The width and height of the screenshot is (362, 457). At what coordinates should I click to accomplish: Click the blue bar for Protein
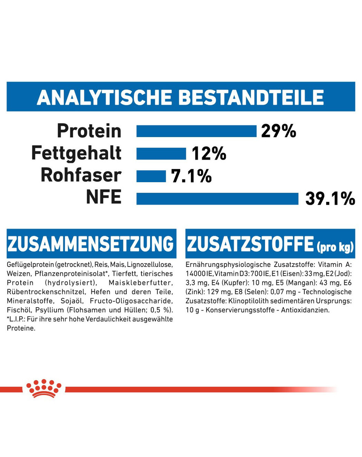pyautogui.click(x=196, y=131)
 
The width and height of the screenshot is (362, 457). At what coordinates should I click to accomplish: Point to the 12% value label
pyautogui.click(x=209, y=154)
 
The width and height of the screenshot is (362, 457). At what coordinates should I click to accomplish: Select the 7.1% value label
pyautogui.click(x=191, y=176)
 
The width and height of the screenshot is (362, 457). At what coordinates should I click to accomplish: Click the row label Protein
pyautogui.click(x=89, y=131)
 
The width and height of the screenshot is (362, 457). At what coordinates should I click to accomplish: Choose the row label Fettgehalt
pyautogui.click(x=77, y=154)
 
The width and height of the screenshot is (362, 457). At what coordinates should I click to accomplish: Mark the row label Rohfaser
pyautogui.click(x=81, y=176)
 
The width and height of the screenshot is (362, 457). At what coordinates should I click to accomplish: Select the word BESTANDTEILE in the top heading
pyautogui.click(x=251, y=97)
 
